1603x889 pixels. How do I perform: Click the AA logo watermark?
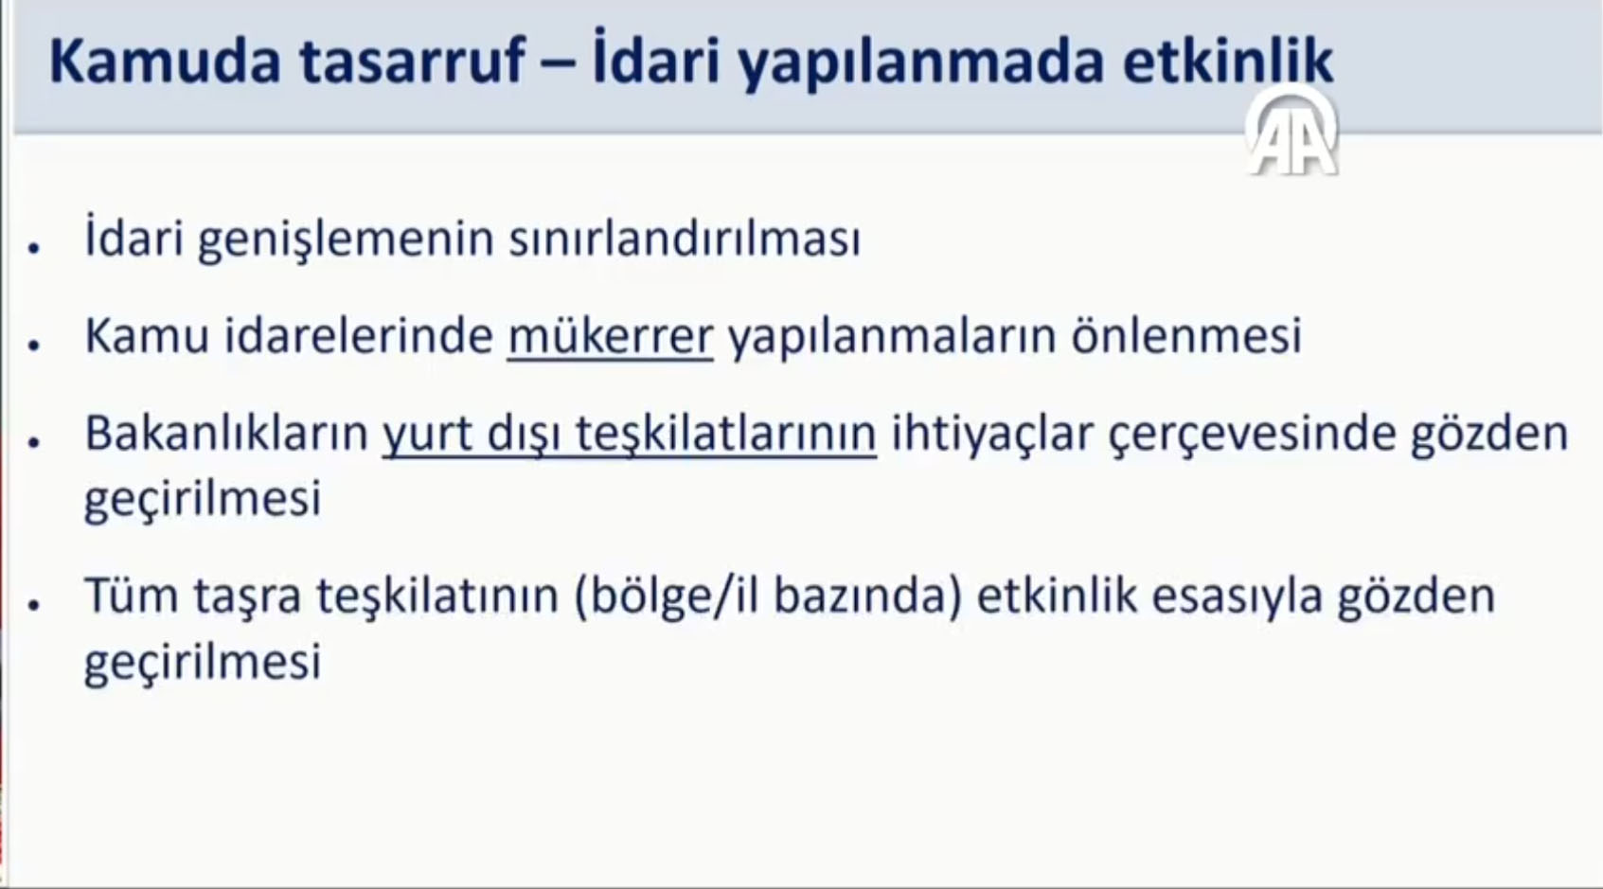(1291, 132)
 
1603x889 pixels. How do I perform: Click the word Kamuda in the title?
(166, 62)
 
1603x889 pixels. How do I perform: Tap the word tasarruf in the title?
(413, 62)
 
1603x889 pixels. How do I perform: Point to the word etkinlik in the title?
(1228, 62)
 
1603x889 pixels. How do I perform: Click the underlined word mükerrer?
(610, 336)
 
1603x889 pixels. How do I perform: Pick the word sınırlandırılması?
(685, 239)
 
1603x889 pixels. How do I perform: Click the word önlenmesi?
(1186, 335)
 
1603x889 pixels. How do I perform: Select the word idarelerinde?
(359, 335)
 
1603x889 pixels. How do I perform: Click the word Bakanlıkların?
(226, 433)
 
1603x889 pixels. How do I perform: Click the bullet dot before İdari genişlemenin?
(34, 248)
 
